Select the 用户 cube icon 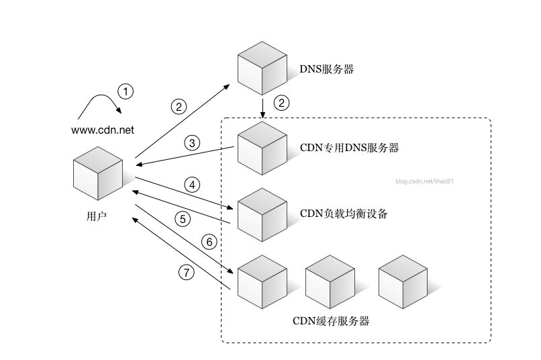coord(98,173)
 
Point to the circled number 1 coord(126,91)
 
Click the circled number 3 coord(191,142)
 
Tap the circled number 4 coord(191,184)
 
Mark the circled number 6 coord(209,241)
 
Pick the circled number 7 coord(187,272)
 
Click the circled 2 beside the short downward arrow coord(283,103)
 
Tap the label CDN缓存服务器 coord(331,320)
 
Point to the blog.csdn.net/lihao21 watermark coord(426,181)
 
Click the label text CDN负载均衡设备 coord(344,214)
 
